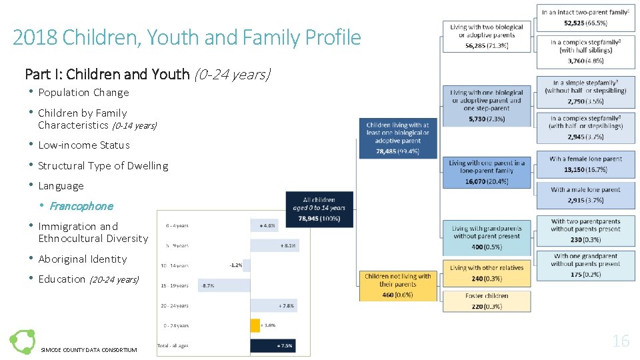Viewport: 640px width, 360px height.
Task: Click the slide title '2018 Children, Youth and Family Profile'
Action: (187, 37)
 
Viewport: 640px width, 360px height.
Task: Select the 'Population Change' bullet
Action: (83, 93)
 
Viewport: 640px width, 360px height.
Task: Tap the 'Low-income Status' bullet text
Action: (84, 145)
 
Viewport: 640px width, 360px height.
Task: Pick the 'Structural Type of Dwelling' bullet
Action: (103, 166)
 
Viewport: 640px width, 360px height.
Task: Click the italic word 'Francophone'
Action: (81, 206)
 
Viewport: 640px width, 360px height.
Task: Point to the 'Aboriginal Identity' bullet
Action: (82, 259)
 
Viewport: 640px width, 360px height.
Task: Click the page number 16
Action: (621, 341)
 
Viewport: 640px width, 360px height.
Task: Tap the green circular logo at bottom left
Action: (21, 341)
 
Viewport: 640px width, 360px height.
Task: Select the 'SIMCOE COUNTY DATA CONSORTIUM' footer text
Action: (89, 350)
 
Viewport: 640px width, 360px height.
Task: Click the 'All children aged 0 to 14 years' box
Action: (319, 209)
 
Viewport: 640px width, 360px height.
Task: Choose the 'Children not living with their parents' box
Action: (397, 285)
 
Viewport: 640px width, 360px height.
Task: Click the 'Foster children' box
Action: (487, 301)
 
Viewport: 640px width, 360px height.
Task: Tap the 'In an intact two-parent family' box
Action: (585, 17)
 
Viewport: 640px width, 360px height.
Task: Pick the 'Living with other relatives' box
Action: (487, 272)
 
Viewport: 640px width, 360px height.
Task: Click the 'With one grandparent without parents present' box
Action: (585, 264)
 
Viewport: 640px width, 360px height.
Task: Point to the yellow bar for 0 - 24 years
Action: (255, 325)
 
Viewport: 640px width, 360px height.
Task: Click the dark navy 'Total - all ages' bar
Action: (272, 345)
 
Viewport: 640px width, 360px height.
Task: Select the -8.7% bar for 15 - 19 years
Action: (224, 285)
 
